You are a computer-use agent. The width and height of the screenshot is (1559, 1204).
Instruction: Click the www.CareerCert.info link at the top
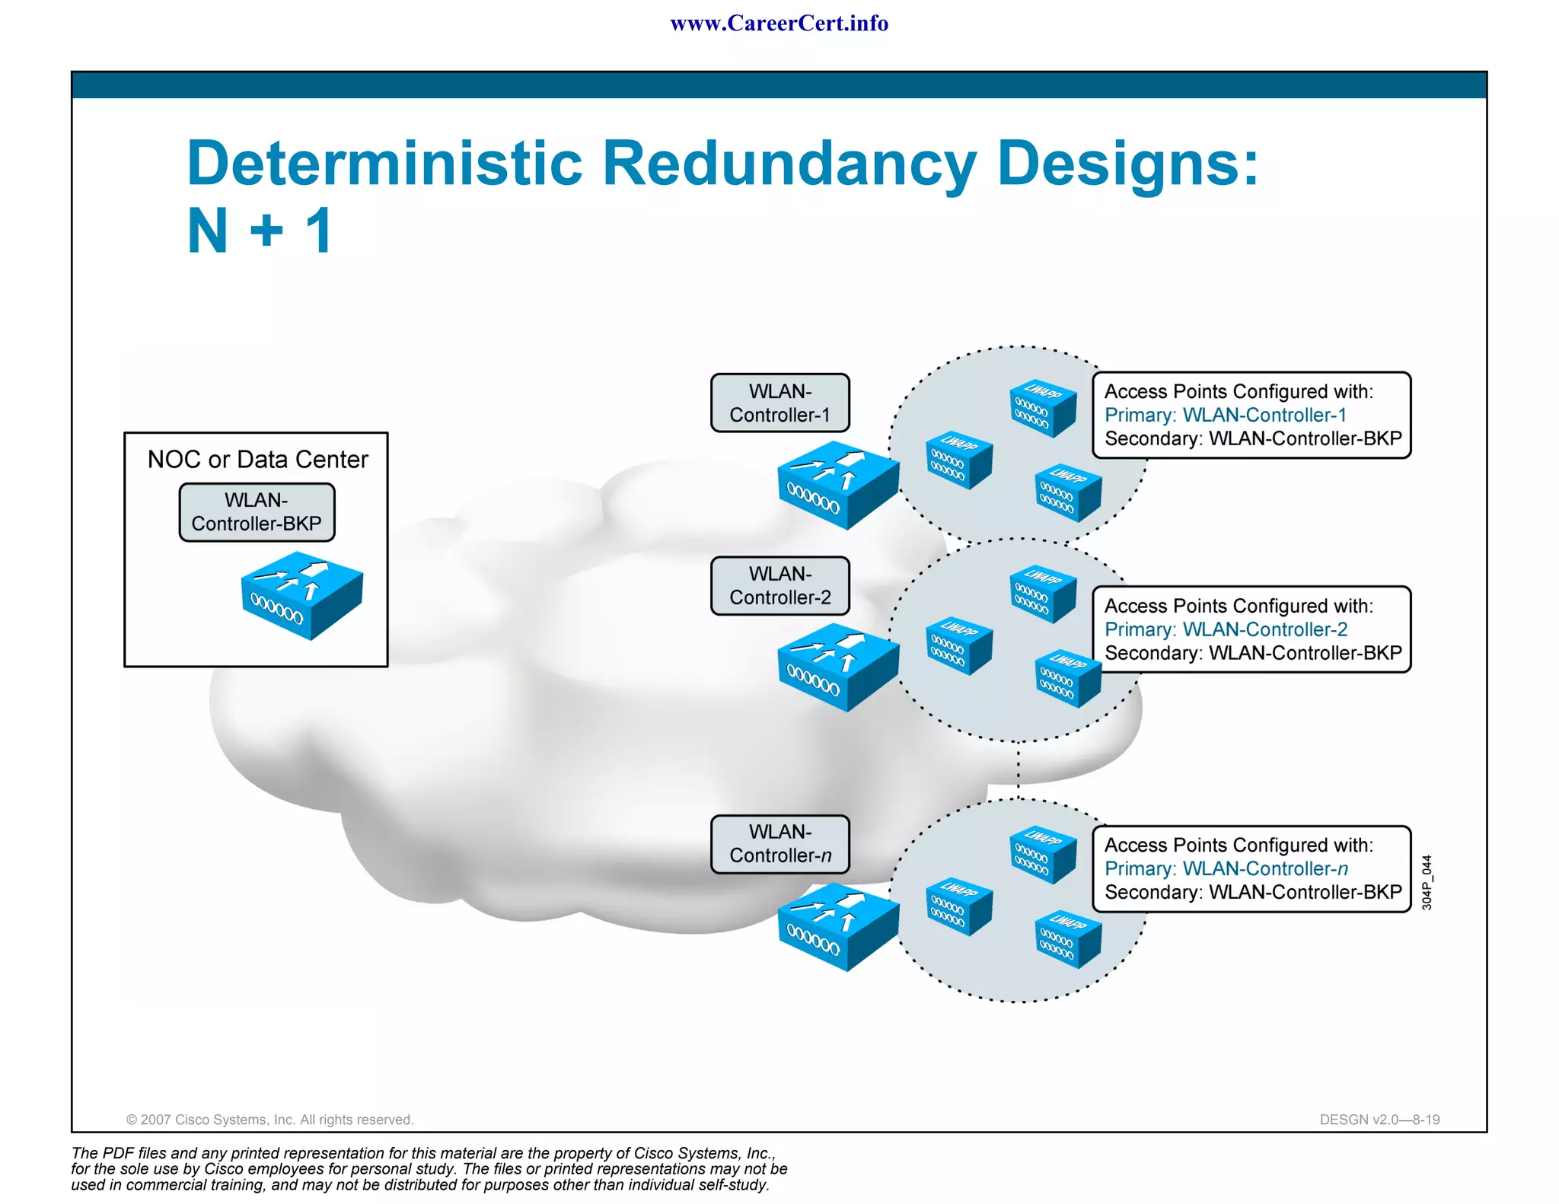779,24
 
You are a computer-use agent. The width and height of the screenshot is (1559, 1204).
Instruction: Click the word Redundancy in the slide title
789,163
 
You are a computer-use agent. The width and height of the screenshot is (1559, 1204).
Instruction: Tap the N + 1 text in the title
260,230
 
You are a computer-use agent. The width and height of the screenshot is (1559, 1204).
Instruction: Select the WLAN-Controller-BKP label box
257,512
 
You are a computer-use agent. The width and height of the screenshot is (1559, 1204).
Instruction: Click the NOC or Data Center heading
257,460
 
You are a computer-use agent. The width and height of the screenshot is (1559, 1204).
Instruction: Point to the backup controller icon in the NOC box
301,595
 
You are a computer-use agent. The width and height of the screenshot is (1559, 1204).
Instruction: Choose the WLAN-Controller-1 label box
779,403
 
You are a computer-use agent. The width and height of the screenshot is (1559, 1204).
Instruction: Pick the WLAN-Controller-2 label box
779,586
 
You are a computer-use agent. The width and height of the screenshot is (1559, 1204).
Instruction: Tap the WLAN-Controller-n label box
779,844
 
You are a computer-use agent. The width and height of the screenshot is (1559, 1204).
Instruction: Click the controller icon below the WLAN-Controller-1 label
837,486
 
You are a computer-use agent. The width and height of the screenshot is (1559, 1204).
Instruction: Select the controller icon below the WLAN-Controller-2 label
837,667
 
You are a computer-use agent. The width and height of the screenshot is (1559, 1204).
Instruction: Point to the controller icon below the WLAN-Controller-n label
837,926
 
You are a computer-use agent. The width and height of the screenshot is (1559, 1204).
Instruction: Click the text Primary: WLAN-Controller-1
1225,416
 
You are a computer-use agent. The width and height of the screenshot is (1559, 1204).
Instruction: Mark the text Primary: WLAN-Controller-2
1226,630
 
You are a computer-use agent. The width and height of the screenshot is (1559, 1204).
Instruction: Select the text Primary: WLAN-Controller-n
1226,869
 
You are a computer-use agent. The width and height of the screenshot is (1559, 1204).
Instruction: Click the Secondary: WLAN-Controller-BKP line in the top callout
1252,439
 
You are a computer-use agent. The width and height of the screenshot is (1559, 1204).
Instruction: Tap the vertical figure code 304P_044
1427,883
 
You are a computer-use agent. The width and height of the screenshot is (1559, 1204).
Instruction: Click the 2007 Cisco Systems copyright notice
269,1120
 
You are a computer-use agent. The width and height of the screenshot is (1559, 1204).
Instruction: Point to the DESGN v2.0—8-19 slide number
1379,1120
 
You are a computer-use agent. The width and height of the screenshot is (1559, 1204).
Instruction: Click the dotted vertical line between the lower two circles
1019,770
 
